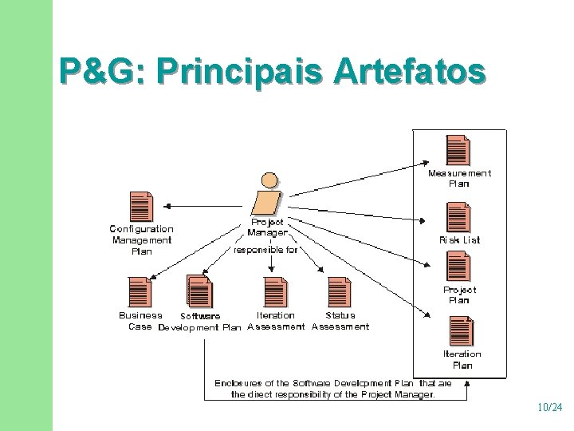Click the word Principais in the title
[241, 72]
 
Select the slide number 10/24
[549, 408]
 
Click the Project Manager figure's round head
[271, 181]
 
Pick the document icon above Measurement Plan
[458, 150]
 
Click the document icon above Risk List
[458, 216]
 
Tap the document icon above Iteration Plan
[461, 331]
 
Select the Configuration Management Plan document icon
[140, 207]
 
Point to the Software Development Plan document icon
[199, 291]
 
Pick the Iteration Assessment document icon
[275, 291]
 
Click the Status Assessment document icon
[339, 291]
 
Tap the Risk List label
[460, 239]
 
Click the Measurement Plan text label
[459, 178]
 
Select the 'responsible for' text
[265, 250]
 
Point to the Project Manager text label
[267, 227]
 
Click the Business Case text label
[140, 321]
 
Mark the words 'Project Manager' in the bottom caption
[398, 394]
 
